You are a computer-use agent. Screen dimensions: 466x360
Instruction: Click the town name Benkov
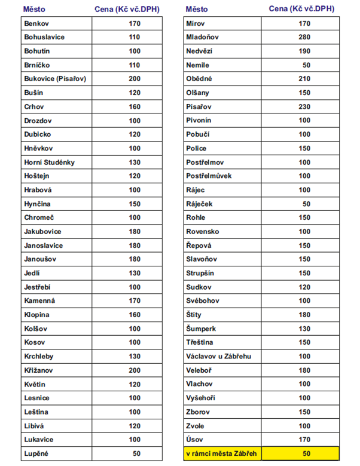tap(37, 23)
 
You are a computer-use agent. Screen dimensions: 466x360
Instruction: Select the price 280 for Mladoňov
tap(304, 37)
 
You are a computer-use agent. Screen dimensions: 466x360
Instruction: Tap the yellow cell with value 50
tap(306, 454)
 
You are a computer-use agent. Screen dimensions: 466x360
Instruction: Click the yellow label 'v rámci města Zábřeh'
tap(221, 454)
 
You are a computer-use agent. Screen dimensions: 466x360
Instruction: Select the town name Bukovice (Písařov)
tap(55, 79)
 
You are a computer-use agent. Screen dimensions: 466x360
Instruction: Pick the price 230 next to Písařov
tap(304, 106)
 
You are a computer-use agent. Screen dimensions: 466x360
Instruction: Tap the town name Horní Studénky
tap(49, 162)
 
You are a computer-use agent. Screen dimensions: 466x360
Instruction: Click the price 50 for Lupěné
tap(136, 454)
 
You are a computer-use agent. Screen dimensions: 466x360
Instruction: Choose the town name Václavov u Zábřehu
tap(218, 357)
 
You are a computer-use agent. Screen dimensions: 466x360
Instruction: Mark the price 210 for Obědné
tap(304, 79)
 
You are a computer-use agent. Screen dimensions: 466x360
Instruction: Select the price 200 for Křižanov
tap(135, 370)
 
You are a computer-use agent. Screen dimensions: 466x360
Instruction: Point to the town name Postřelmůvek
tap(209, 176)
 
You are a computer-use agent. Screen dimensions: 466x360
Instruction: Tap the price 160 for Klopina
tap(135, 315)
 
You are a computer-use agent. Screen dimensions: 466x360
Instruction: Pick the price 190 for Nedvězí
tap(304, 51)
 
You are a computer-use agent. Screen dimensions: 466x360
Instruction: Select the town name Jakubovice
tap(42, 232)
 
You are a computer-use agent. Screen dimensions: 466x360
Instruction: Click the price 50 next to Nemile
tap(306, 65)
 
